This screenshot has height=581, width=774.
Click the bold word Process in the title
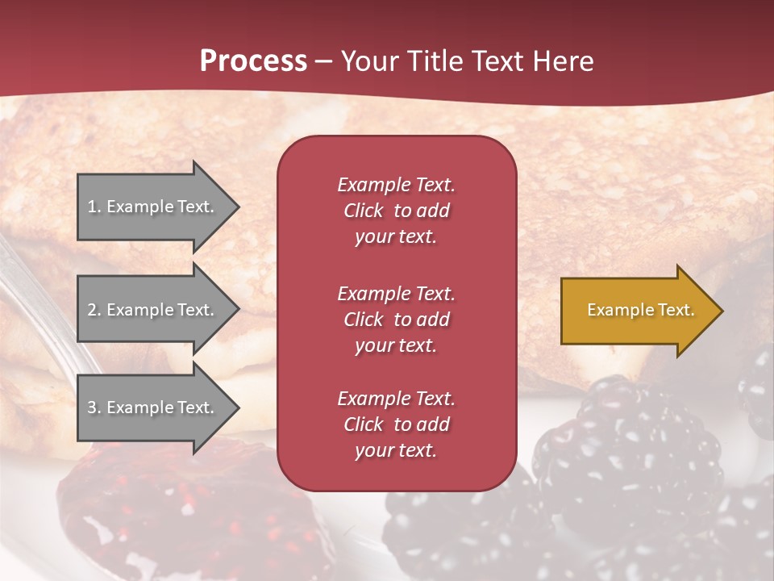[253, 61]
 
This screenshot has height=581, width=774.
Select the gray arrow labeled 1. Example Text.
[153, 207]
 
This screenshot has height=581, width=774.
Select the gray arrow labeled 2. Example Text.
[153, 310]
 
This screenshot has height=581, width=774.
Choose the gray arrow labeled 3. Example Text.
[153, 408]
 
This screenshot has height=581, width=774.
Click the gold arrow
[637, 311]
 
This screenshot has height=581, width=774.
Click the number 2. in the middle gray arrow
[94, 310]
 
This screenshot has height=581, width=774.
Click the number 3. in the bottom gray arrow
[94, 408]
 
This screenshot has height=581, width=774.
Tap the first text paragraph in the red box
[396, 211]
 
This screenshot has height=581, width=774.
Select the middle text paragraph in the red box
[396, 320]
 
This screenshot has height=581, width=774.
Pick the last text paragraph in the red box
[396, 424]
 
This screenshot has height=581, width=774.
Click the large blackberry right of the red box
[629, 452]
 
